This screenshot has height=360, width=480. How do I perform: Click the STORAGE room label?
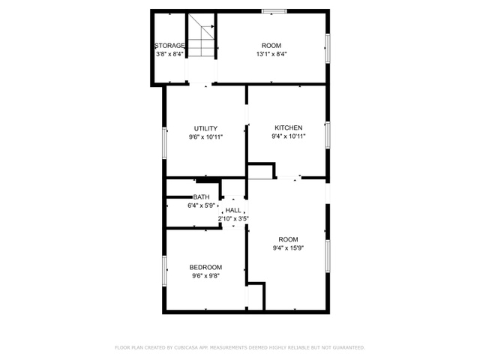pyautogui.click(x=169, y=46)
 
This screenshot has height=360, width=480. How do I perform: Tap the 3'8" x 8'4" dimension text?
pyautogui.click(x=169, y=54)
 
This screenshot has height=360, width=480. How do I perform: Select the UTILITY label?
pyautogui.click(x=205, y=128)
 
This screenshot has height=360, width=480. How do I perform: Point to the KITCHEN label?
pyautogui.click(x=288, y=127)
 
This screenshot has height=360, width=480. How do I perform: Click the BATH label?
pyautogui.click(x=201, y=196)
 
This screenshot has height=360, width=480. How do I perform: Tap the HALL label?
pyautogui.click(x=233, y=210)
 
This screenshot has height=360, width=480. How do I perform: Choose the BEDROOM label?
pyautogui.click(x=205, y=267)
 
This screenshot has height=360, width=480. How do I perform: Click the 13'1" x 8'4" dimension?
pyautogui.click(x=271, y=54)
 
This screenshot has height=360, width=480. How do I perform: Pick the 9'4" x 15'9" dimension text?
pyautogui.click(x=288, y=248)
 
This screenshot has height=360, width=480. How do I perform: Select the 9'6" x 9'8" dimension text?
pyautogui.click(x=205, y=276)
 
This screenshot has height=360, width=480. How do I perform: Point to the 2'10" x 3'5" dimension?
pyautogui.click(x=233, y=219)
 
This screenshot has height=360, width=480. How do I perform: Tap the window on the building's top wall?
pyautogui.click(x=274, y=11)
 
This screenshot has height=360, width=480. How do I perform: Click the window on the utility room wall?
pyautogui.click(x=164, y=143)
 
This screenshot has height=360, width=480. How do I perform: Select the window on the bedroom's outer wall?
pyautogui.click(x=164, y=271)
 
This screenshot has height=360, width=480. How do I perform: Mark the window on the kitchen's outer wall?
pyautogui.click(x=328, y=135)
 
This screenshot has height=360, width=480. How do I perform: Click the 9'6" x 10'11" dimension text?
pyautogui.click(x=205, y=137)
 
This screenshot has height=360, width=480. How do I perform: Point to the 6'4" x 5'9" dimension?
pyautogui.click(x=201, y=205)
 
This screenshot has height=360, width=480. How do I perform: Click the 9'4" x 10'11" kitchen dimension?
pyautogui.click(x=288, y=136)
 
